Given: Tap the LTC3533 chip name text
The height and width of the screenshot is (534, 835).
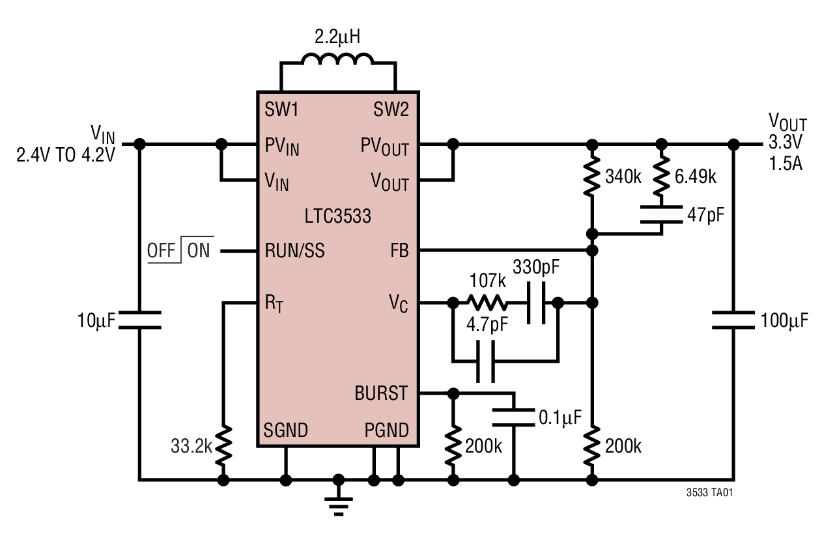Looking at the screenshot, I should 337,216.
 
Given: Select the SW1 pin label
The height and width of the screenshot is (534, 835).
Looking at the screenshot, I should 281,109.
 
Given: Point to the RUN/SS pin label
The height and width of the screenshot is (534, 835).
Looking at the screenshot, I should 294,251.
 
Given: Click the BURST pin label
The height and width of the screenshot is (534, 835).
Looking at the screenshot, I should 381,393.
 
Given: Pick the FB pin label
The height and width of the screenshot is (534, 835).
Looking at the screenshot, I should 399,251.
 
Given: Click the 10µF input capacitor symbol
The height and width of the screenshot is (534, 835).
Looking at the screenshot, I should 139,320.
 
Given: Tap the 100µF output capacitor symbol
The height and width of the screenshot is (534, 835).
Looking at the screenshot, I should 733,320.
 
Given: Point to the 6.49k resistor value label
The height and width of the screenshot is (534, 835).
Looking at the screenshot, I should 696,176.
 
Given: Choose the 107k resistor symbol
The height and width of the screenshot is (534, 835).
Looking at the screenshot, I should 486,303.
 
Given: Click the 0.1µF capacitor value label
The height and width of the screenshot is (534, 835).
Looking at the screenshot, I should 559,415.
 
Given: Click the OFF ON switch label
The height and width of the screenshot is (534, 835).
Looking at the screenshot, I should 178,251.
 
